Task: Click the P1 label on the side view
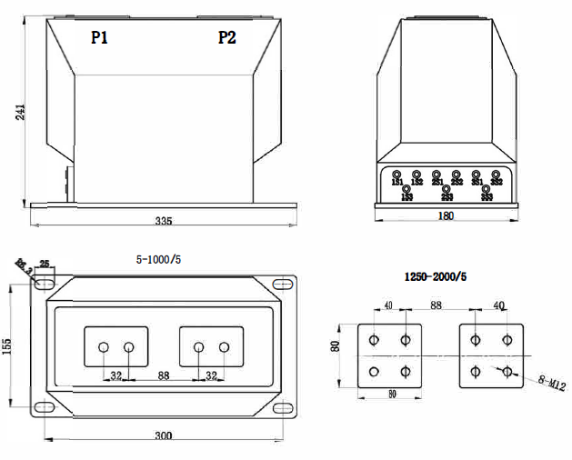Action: click(100, 37)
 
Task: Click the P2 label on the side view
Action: click(226, 37)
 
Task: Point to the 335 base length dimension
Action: click(164, 219)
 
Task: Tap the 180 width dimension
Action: click(447, 216)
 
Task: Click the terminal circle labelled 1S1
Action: click(396, 174)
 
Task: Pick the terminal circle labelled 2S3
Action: click(447, 189)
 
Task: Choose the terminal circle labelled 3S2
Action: click(497, 174)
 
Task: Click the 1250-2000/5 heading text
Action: click(435, 275)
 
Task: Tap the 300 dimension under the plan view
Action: click(163, 436)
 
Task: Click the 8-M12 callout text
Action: click(548, 383)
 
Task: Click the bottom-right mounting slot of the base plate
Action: click(285, 407)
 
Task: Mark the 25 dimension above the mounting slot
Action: click(45, 265)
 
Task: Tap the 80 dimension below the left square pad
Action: click(390, 395)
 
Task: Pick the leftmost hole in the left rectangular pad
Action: click(105, 347)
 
